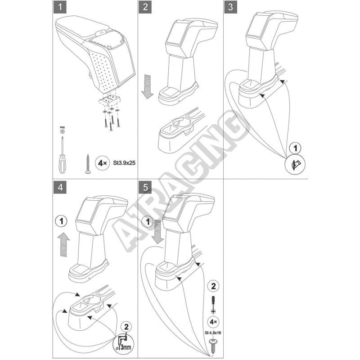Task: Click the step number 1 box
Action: coord(58,7)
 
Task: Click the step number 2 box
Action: coord(145,7)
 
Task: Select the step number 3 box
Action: coord(230,7)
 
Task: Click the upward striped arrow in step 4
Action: coord(63,246)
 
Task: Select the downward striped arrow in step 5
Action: coord(157,231)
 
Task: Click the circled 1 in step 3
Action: coord(294,147)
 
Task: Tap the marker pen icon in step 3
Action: coord(294,166)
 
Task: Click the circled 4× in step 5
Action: coord(214,322)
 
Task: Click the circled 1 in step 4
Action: coord(62,221)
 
